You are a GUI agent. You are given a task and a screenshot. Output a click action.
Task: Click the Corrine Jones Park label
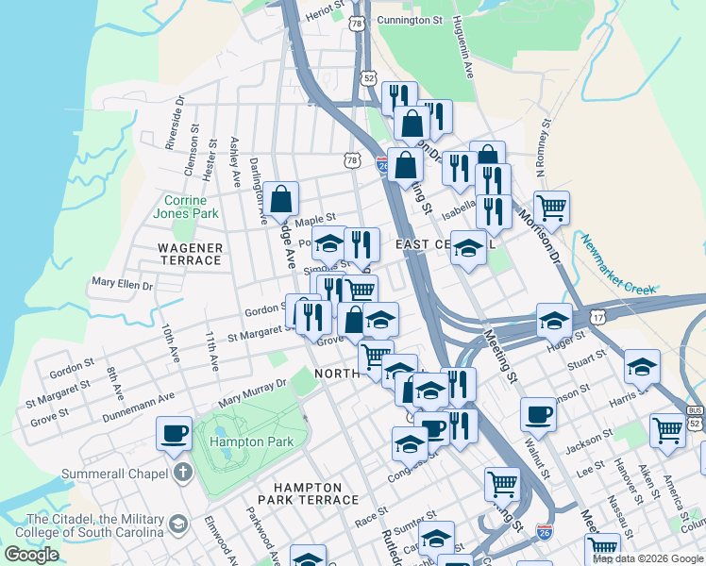pyautogui.click(x=192, y=207)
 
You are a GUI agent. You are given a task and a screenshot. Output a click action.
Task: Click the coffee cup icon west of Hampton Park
pyautogui.click(x=174, y=433)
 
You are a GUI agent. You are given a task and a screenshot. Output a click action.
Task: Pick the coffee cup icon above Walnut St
pyautogui.click(x=538, y=414)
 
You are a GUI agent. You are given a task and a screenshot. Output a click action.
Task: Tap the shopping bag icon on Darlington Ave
pyautogui.click(x=281, y=199)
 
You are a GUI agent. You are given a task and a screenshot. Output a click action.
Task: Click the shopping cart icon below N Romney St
pyautogui.click(x=551, y=208)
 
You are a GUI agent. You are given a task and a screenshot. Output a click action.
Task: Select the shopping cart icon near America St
pyautogui.click(x=668, y=430)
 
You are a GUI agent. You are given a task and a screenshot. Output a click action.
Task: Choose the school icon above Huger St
pyautogui.click(x=555, y=320)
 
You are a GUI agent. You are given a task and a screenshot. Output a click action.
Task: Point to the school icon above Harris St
pyautogui.click(x=642, y=366)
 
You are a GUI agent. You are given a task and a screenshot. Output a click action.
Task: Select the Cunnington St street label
pyautogui.click(x=410, y=19)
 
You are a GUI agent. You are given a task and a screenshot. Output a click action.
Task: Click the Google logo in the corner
pyautogui.click(x=31, y=555)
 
